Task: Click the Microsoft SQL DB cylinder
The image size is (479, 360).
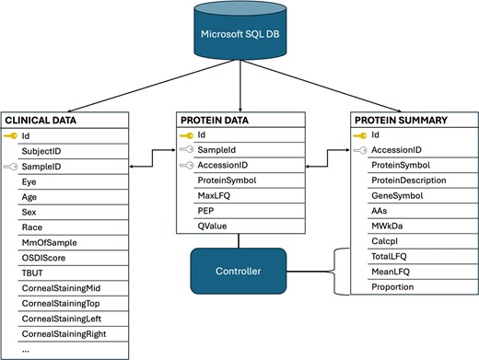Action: [x=239, y=35]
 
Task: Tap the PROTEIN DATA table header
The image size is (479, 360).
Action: [x=239, y=119]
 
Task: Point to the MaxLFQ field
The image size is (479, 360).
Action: [x=213, y=195]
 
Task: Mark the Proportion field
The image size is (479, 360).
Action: [x=395, y=286]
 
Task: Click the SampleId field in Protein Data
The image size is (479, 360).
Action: [x=215, y=150]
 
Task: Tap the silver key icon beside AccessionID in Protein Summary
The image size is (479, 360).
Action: [x=359, y=150]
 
